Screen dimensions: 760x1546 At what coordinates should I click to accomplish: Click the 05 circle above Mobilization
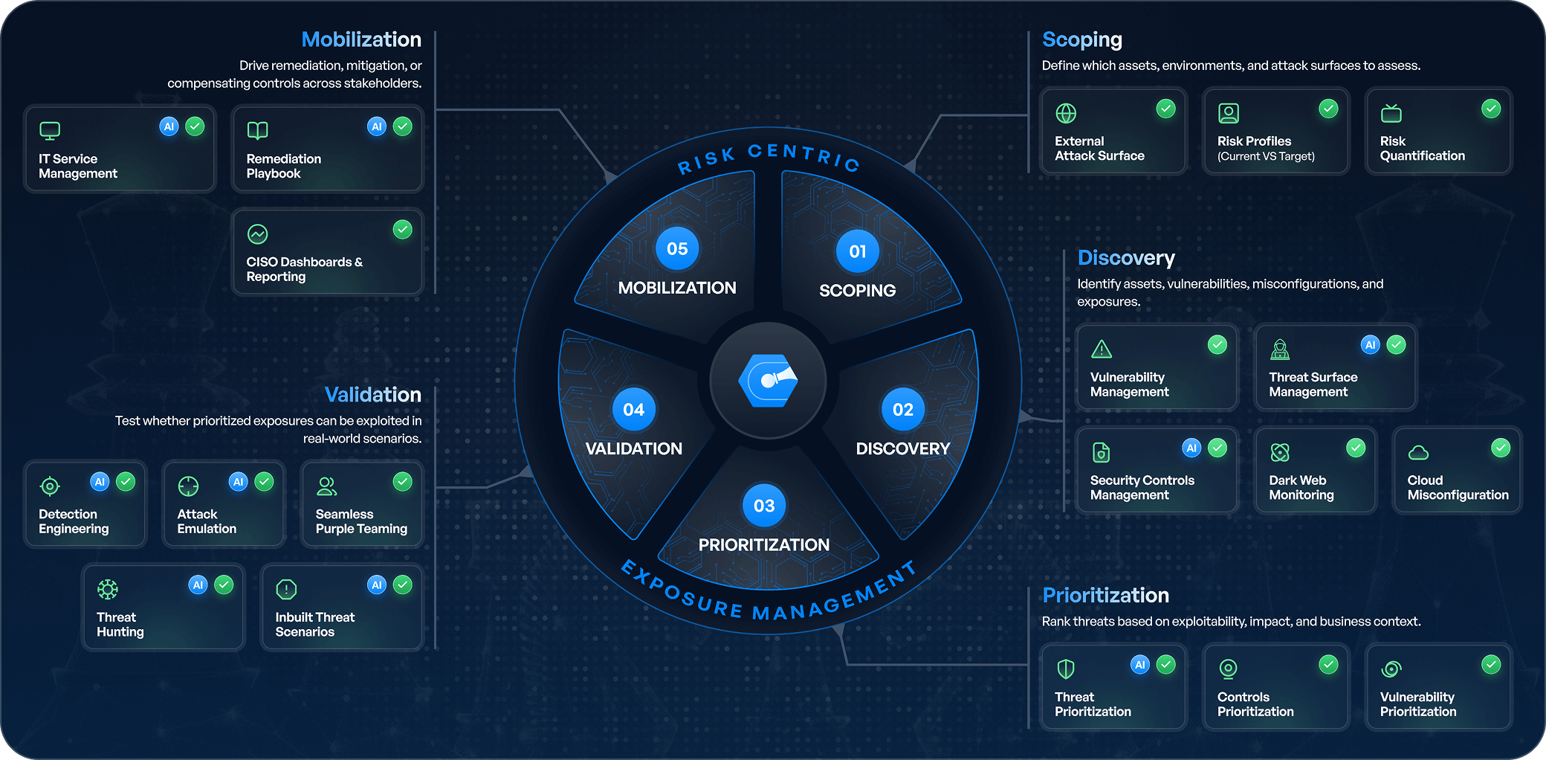[677, 249]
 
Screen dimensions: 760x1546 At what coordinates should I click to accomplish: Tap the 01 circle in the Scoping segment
[858, 251]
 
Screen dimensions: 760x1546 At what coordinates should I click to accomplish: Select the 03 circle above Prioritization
[764, 506]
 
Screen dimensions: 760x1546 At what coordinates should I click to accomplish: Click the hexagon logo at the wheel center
[768, 381]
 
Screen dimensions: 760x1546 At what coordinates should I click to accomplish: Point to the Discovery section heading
[1126, 258]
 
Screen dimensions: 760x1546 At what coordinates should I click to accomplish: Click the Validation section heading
[372, 395]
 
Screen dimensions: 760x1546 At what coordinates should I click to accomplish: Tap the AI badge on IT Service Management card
[169, 126]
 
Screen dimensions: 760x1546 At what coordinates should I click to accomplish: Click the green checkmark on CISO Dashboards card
[403, 230]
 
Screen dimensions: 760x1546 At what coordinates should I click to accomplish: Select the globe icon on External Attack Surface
[1066, 113]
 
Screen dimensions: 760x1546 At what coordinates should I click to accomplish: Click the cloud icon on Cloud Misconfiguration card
[1418, 452]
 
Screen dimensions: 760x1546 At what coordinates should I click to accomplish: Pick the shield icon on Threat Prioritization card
[1066, 669]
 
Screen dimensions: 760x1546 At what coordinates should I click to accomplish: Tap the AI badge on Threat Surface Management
[1371, 345]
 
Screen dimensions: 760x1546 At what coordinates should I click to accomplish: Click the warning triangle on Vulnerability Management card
[1102, 349]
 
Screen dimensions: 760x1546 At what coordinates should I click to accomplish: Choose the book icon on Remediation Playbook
[257, 131]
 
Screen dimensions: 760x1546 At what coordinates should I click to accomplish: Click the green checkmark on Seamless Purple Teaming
[403, 482]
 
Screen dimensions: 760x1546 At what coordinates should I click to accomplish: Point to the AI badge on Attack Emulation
[238, 482]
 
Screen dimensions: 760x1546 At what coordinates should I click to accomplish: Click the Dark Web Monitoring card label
[1301, 488]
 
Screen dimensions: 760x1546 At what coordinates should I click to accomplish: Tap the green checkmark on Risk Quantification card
[1491, 109]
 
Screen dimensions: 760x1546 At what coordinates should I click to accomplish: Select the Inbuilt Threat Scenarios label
[314, 625]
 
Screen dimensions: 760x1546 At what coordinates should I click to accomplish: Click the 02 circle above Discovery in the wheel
[903, 410]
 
